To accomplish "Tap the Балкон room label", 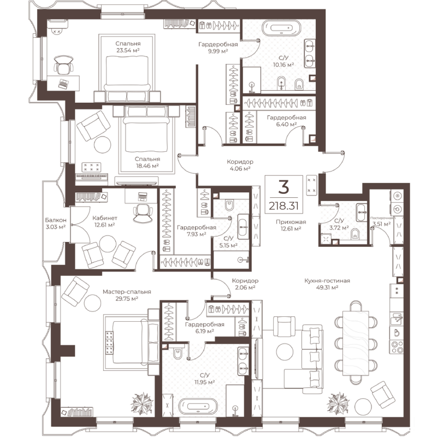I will click(x=55, y=221).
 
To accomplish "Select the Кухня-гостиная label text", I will click(x=327, y=281).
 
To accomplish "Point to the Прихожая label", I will click(x=290, y=221).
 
